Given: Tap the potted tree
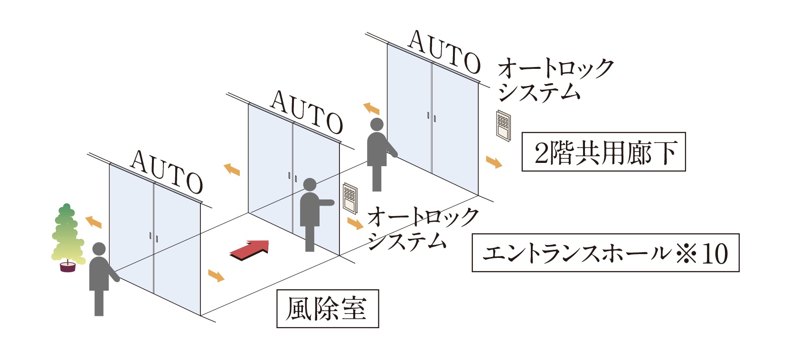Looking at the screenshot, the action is tap(68, 238).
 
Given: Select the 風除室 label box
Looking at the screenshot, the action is tap(328, 309).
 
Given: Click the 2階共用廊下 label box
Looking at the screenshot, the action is tap(604, 152).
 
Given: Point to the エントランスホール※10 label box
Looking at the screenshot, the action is tap(606, 253).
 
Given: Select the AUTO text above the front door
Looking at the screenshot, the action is tap(167, 171).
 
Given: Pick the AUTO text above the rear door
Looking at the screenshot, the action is tap(444, 52).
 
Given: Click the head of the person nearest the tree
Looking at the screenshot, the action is tap(99, 249).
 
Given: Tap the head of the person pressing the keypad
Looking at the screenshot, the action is tap(310, 185).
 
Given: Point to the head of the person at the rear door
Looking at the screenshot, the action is tap(377, 125).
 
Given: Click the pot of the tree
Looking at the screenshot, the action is tap(68, 266).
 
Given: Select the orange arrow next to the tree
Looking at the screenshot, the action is tap(94, 222).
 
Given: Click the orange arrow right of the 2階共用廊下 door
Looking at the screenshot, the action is tap(494, 162).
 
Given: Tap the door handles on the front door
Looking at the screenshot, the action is tap(154, 237).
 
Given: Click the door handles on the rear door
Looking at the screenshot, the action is tap(432, 117).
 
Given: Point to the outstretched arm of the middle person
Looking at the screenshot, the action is tap(326, 202).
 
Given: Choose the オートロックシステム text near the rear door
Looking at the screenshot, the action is tap(555, 81).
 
